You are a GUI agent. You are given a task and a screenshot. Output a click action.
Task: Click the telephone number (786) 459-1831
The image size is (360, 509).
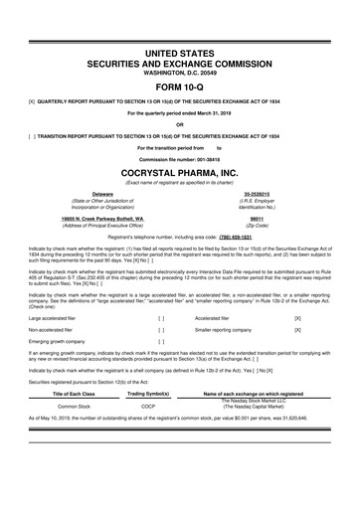(231, 240)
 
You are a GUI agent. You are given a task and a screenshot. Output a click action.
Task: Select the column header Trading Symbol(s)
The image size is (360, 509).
(147, 396)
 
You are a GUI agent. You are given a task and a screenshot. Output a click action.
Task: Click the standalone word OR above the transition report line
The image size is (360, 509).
(180, 124)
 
